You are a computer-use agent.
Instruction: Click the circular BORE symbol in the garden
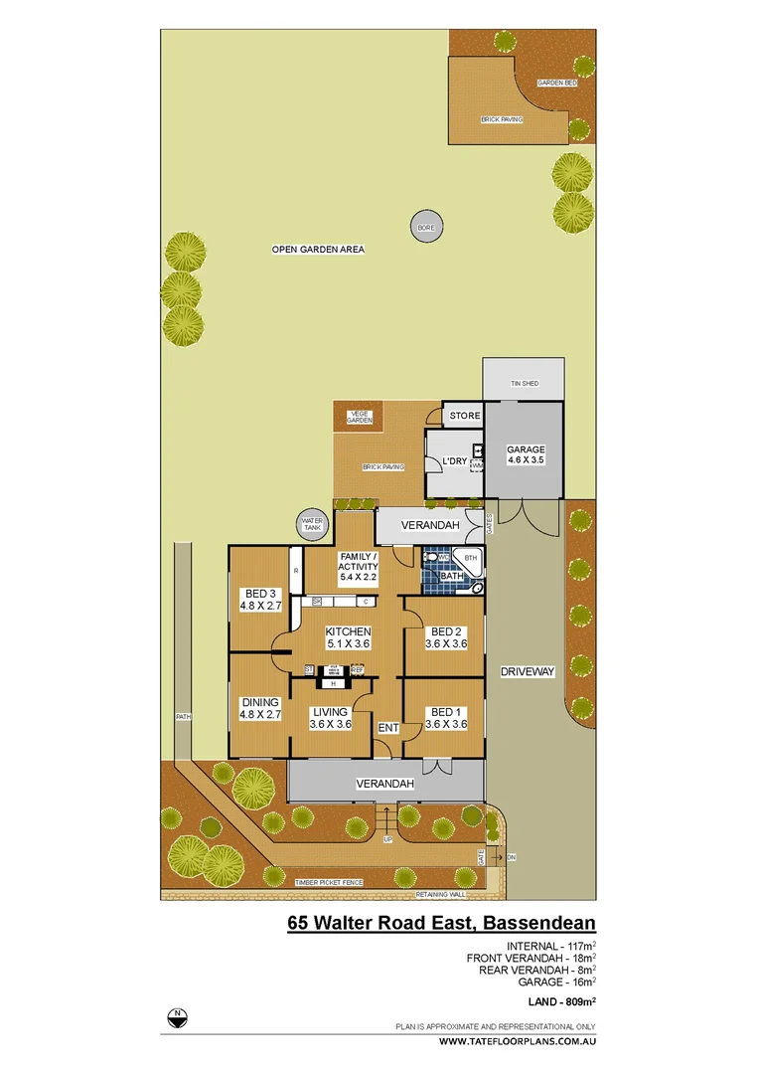[426, 228]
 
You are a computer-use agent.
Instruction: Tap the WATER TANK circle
[313, 524]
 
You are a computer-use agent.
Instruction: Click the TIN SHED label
[523, 383]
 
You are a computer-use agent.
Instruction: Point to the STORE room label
[464, 416]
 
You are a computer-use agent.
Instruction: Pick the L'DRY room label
[454, 461]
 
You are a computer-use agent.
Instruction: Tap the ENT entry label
[387, 729]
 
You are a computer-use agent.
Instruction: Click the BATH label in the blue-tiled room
[453, 576]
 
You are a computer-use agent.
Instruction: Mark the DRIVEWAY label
[527, 672]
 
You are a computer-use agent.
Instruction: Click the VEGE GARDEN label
[359, 418]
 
